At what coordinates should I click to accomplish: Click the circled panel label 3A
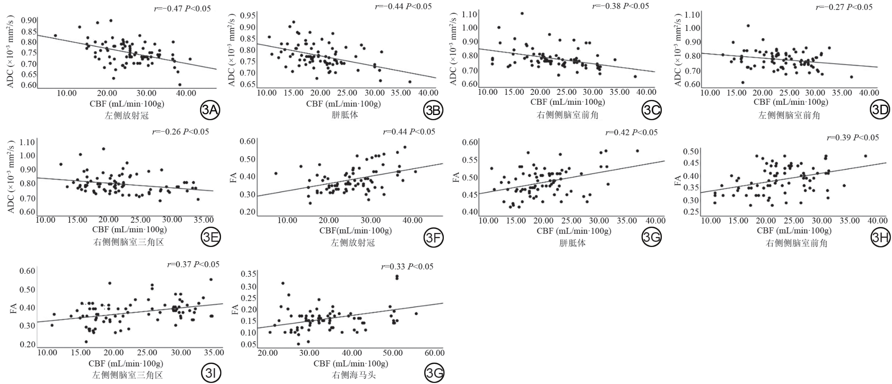[210, 111]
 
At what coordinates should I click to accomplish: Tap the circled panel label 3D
[880, 110]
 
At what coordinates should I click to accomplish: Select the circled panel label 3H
[880, 237]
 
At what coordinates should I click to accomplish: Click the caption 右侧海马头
[354, 375]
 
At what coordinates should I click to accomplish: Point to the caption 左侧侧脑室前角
[789, 115]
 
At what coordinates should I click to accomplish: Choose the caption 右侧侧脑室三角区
[128, 242]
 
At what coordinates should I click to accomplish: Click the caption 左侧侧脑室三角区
[127, 375]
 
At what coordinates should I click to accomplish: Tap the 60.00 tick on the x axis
[434, 353]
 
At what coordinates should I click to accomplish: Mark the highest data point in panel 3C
[522, 13]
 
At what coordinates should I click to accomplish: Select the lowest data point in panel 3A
[179, 85]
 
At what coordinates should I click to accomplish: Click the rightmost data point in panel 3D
[851, 77]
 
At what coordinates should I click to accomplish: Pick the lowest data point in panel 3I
[86, 342]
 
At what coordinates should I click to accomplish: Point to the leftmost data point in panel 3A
[55, 36]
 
